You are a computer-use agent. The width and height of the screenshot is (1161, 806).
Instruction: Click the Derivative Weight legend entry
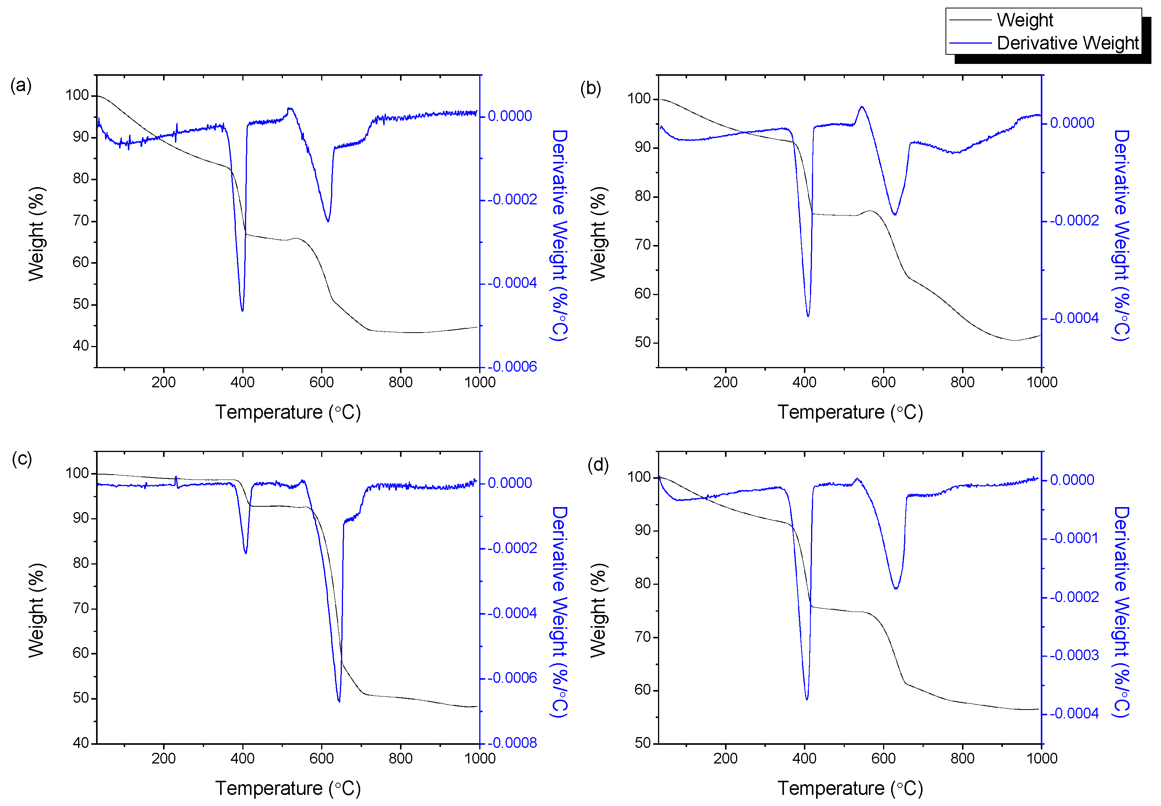click(x=1067, y=43)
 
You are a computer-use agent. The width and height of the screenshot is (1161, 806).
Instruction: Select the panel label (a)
click(x=21, y=85)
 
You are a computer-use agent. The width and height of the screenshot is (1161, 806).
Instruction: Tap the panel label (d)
click(x=598, y=464)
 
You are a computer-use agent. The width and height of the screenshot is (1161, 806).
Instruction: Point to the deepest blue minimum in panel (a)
click(x=242, y=310)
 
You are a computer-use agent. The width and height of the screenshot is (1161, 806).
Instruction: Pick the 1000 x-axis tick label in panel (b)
click(x=1041, y=382)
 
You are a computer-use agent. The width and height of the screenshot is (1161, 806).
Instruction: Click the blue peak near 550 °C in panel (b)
click(x=862, y=107)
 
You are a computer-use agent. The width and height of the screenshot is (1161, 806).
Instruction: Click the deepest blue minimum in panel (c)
click(x=339, y=701)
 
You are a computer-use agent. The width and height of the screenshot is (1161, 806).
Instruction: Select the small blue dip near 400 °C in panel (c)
click(x=245, y=553)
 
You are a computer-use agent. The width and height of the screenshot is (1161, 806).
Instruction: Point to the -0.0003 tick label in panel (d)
click(x=1074, y=656)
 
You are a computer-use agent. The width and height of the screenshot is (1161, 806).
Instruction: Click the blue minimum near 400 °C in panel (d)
click(x=807, y=699)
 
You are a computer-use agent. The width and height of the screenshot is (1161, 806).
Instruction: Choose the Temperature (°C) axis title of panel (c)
click(x=288, y=788)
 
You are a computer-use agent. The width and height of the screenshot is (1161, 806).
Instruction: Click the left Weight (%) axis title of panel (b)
click(x=598, y=234)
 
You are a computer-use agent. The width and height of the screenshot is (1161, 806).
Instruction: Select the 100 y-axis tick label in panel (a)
click(x=77, y=95)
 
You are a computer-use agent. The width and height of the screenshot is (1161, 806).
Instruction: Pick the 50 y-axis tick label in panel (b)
click(x=642, y=343)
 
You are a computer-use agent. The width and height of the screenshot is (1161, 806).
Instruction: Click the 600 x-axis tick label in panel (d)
click(x=883, y=759)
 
